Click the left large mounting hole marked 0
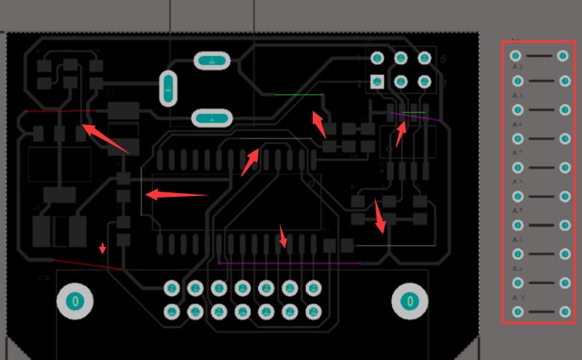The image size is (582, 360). [74, 301]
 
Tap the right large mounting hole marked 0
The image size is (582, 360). [408, 301]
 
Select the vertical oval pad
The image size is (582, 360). [169, 89]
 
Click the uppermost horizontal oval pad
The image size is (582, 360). [212, 61]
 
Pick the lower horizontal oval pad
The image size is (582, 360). [212, 118]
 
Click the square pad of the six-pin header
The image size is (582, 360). [378, 81]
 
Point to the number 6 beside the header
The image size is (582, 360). [444, 58]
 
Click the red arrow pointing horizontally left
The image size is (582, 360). [176, 195]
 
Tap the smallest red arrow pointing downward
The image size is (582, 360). [102, 248]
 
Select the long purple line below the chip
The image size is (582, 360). [288, 263]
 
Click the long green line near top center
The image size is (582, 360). [299, 95]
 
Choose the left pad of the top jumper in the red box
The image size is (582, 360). [515, 55]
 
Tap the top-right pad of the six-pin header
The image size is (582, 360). [425, 58]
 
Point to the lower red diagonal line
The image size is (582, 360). [86, 263]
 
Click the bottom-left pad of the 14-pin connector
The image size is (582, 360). [172, 311]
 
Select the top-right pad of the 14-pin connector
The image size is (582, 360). [313, 287]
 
